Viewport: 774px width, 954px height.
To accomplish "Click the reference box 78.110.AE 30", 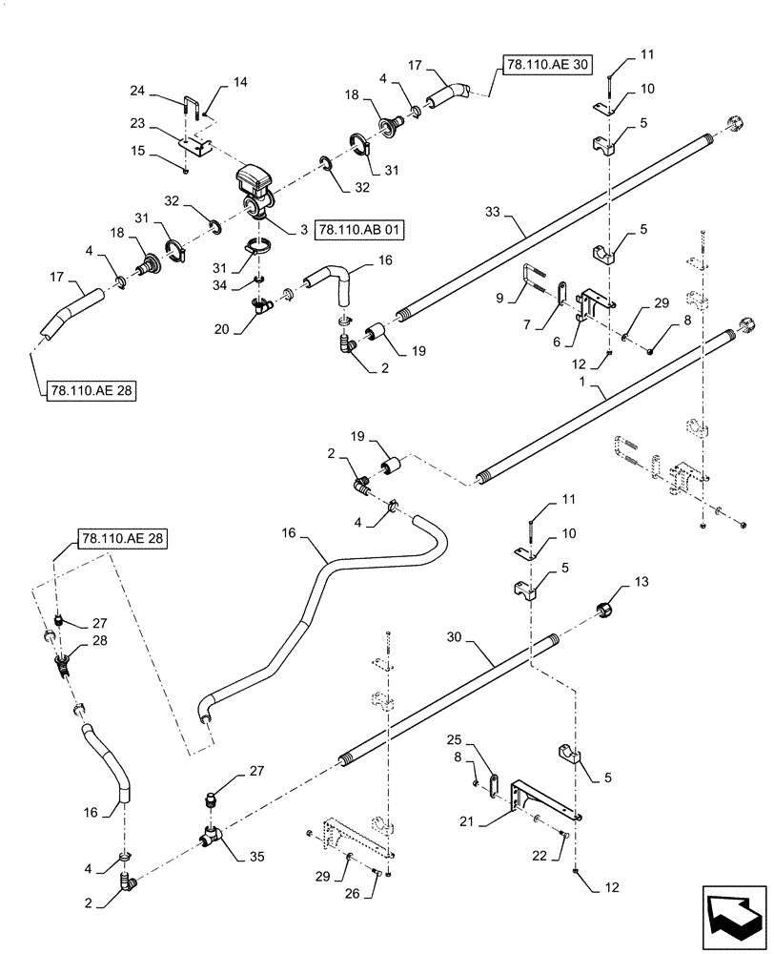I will pos(539,65).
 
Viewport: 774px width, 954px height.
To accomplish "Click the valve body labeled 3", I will pos(255,188).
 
